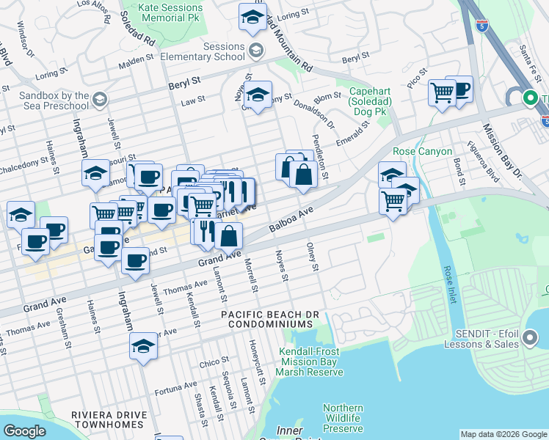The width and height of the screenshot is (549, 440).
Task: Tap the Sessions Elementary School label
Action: pyautogui.click(x=213, y=51)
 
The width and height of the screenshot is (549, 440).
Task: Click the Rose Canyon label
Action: pyautogui.click(x=419, y=152)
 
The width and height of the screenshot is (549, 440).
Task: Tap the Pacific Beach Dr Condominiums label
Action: pyautogui.click(x=271, y=320)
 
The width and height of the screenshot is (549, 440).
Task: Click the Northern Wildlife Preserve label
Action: pyautogui.click(x=343, y=418)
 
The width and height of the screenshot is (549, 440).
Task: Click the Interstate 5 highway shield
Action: pyautogui.click(x=481, y=27)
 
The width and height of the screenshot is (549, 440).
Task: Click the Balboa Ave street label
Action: pyautogui.click(x=291, y=219)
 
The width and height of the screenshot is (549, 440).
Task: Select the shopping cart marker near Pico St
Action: pyautogui.click(x=442, y=93)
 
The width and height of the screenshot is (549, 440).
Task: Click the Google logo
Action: pyautogui.click(x=24, y=431)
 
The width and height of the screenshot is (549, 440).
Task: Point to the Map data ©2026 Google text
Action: pyautogui.click(x=503, y=434)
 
